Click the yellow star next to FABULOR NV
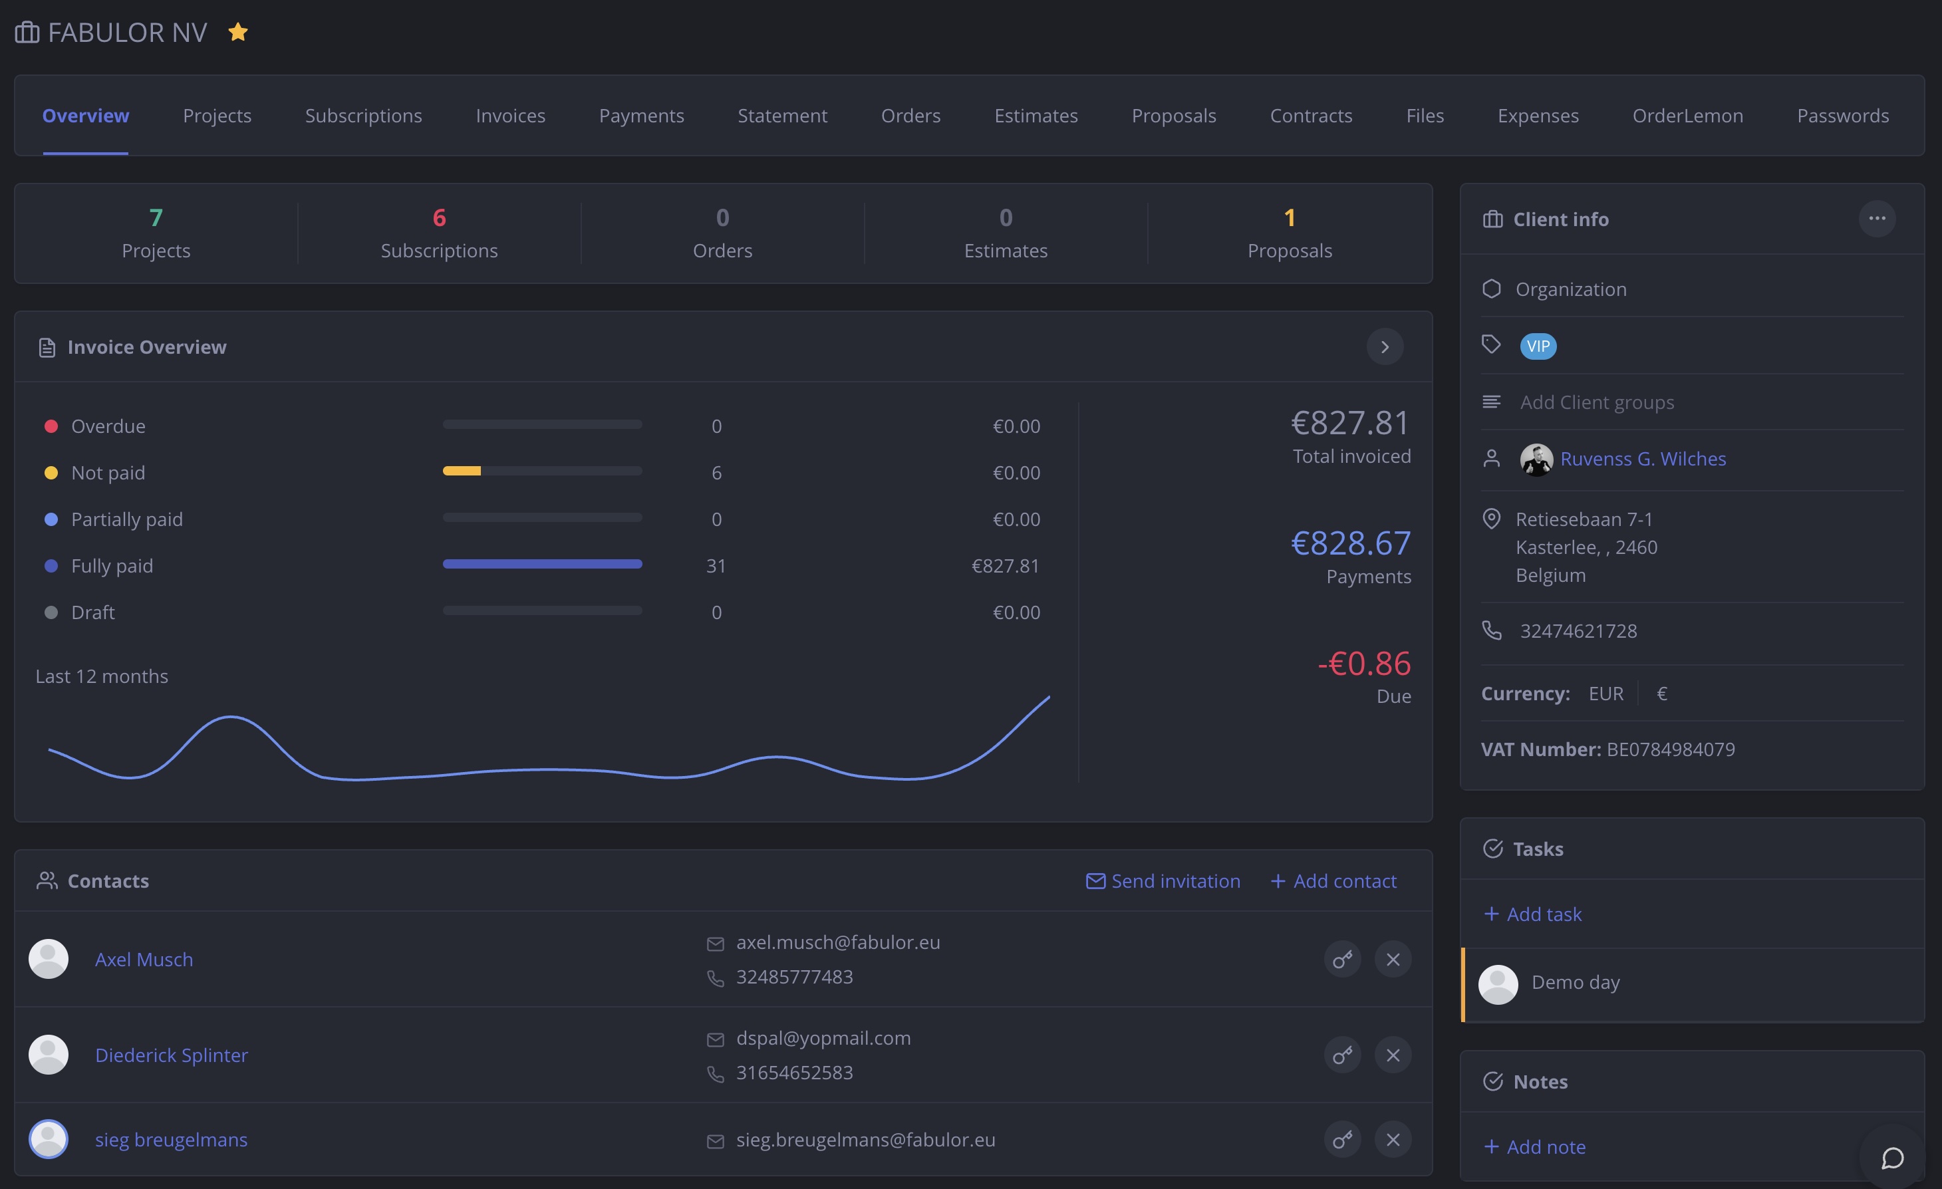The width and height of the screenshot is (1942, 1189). pos(238,33)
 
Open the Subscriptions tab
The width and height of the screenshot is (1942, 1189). pos(363,116)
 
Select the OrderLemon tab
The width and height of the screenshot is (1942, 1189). pos(1687,116)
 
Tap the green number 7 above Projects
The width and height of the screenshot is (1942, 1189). pos(156,217)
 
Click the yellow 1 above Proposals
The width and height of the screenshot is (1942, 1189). pos(1290,217)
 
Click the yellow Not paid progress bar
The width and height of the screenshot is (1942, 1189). pos(462,471)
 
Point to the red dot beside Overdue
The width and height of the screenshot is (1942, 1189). pos(51,426)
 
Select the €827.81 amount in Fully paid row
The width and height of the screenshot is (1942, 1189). pos(1005,566)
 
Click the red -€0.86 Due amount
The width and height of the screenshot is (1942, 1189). pos(1364,664)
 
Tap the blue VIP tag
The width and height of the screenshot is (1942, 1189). pos(1538,346)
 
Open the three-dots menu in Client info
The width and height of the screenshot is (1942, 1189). pos(1877,218)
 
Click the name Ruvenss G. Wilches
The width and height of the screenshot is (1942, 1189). pos(1643,459)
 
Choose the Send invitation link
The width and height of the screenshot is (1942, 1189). pos(1163,881)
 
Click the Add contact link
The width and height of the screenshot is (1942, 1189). pos(1333,881)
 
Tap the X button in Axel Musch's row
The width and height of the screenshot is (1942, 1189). pos(1393,960)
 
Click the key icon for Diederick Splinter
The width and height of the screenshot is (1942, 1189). pos(1342,1055)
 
